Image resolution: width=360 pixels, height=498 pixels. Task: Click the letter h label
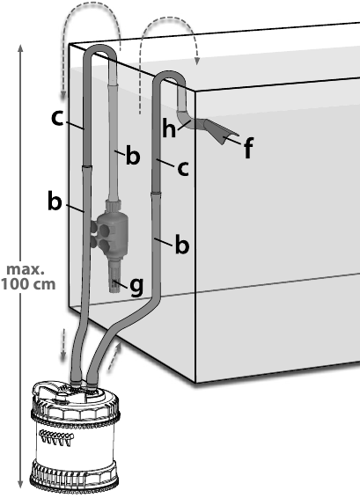(169, 128)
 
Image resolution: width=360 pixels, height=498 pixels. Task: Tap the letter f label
(249, 149)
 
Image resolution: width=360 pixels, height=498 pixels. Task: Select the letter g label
(136, 286)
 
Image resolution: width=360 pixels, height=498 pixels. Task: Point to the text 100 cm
(28, 284)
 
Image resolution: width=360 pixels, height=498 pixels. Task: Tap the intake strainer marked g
(115, 275)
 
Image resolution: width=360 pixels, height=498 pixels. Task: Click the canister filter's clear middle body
(74, 442)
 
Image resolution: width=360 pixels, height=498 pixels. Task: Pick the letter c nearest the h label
(183, 169)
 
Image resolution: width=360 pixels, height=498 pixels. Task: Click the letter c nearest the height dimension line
(57, 119)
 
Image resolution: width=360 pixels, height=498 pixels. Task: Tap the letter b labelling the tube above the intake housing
(133, 156)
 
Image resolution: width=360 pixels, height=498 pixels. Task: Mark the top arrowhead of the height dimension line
(20, 49)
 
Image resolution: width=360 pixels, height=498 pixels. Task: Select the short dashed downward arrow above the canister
(63, 344)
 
